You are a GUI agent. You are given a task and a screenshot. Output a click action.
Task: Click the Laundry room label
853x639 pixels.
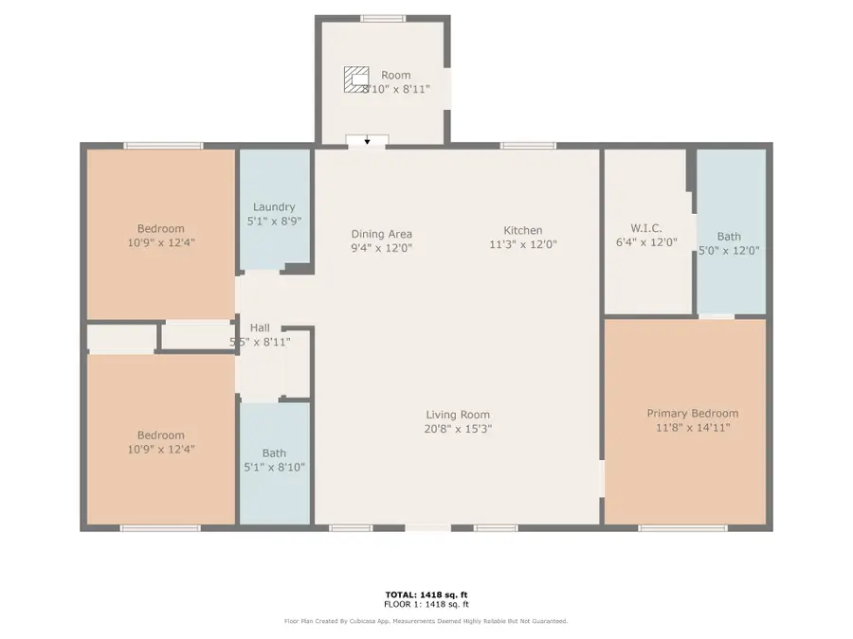(x=274, y=207)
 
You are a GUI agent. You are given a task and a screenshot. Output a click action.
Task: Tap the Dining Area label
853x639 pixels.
(x=381, y=234)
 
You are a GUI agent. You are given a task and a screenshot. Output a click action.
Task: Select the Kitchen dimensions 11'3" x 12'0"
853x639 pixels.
(x=522, y=244)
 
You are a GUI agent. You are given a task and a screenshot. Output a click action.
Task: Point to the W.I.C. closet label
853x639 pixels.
(x=645, y=228)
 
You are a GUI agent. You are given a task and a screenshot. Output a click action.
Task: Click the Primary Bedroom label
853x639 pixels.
(x=692, y=414)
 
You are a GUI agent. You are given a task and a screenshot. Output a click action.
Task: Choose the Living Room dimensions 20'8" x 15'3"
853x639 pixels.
(x=458, y=429)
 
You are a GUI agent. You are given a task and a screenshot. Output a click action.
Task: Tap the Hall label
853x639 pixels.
(x=259, y=328)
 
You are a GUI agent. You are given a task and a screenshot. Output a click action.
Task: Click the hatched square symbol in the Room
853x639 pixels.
(x=356, y=78)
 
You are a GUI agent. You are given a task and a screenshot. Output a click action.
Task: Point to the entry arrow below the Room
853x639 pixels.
(x=367, y=140)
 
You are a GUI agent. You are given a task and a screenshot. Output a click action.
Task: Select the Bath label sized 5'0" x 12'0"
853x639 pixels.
(x=729, y=237)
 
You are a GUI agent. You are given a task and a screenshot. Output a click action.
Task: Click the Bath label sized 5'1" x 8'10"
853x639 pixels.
(x=274, y=453)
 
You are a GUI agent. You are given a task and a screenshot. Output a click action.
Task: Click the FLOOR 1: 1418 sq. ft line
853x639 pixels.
(x=426, y=603)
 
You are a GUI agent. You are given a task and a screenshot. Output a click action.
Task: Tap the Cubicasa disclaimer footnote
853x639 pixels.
(x=426, y=621)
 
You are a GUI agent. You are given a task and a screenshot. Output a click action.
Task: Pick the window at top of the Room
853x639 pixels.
(x=383, y=18)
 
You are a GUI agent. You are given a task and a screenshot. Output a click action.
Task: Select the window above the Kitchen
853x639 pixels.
(x=528, y=146)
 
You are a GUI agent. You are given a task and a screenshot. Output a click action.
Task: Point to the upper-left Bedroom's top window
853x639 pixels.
(x=163, y=146)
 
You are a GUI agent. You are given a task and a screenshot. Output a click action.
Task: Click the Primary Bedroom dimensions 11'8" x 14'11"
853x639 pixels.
(x=692, y=428)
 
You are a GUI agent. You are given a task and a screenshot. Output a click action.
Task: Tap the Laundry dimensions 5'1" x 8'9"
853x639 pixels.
(x=274, y=222)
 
